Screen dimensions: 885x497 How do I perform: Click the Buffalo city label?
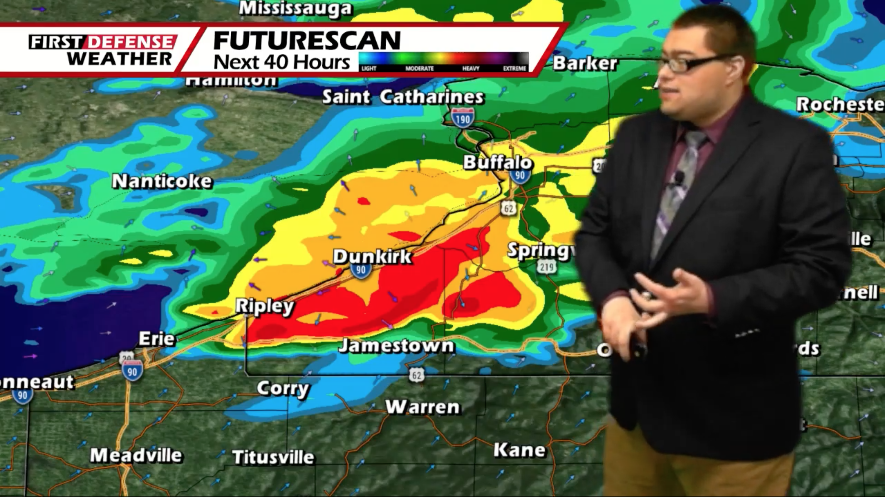tap(498, 162)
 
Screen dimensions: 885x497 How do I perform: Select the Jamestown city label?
tap(396, 346)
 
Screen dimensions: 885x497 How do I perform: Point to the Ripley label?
tap(264, 306)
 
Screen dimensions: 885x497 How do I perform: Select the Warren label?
tap(422, 407)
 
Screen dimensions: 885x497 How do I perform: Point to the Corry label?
tap(283, 389)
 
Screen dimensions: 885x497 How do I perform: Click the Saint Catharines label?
tap(403, 97)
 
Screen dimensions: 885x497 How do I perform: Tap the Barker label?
tap(585, 63)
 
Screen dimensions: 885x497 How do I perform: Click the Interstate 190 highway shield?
tap(463, 118)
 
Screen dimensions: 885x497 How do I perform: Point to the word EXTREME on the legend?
tap(514, 68)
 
